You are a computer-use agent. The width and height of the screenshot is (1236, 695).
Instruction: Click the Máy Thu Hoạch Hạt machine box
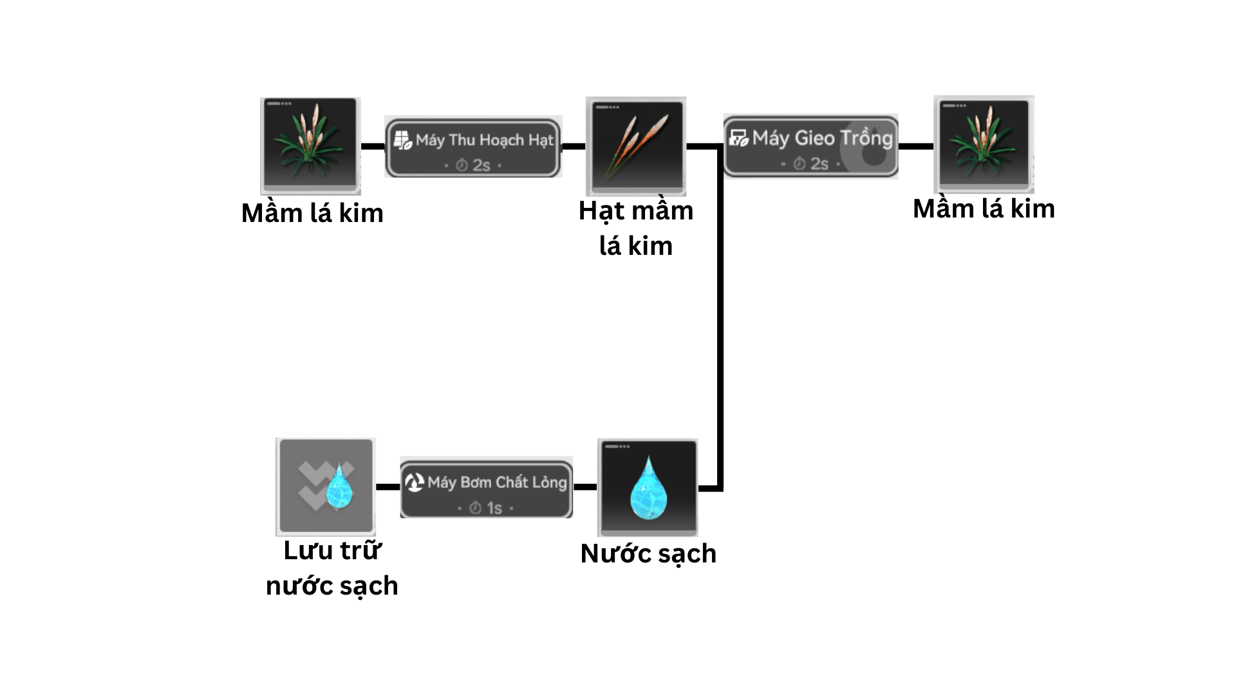pos(473,147)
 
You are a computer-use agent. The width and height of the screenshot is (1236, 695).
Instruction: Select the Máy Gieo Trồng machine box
pos(810,146)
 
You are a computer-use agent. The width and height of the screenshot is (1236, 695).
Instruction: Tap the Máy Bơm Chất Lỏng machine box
pos(486,488)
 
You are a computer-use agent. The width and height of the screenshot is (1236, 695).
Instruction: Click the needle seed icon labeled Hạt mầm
pos(635,146)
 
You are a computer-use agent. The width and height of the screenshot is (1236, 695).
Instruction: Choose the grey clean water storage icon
pos(326,487)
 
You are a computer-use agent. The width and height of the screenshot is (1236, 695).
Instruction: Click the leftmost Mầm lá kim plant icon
pos(310,146)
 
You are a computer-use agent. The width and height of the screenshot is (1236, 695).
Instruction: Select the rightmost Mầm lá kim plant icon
pos(984,145)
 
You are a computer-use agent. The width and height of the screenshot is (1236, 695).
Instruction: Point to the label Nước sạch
pos(648,553)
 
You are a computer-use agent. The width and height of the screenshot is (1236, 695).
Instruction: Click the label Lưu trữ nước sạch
pos(332,568)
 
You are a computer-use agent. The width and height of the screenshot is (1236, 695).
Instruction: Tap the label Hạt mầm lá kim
pos(636,228)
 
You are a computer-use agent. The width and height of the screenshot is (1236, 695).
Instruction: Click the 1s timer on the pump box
pos(487,508)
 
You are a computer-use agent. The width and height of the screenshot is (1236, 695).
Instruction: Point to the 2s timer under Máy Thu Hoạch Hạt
pos(474,165)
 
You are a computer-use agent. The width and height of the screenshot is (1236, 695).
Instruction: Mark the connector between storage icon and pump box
pos(388,487)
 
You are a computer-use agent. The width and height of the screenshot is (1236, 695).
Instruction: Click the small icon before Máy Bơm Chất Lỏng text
pos(414,482)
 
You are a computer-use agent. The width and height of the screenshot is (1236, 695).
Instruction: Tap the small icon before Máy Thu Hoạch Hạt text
pos(402,140)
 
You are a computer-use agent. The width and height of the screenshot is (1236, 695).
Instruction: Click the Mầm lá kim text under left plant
pos(312,213)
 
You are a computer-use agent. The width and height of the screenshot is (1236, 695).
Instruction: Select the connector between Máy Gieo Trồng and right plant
pos(915,146)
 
